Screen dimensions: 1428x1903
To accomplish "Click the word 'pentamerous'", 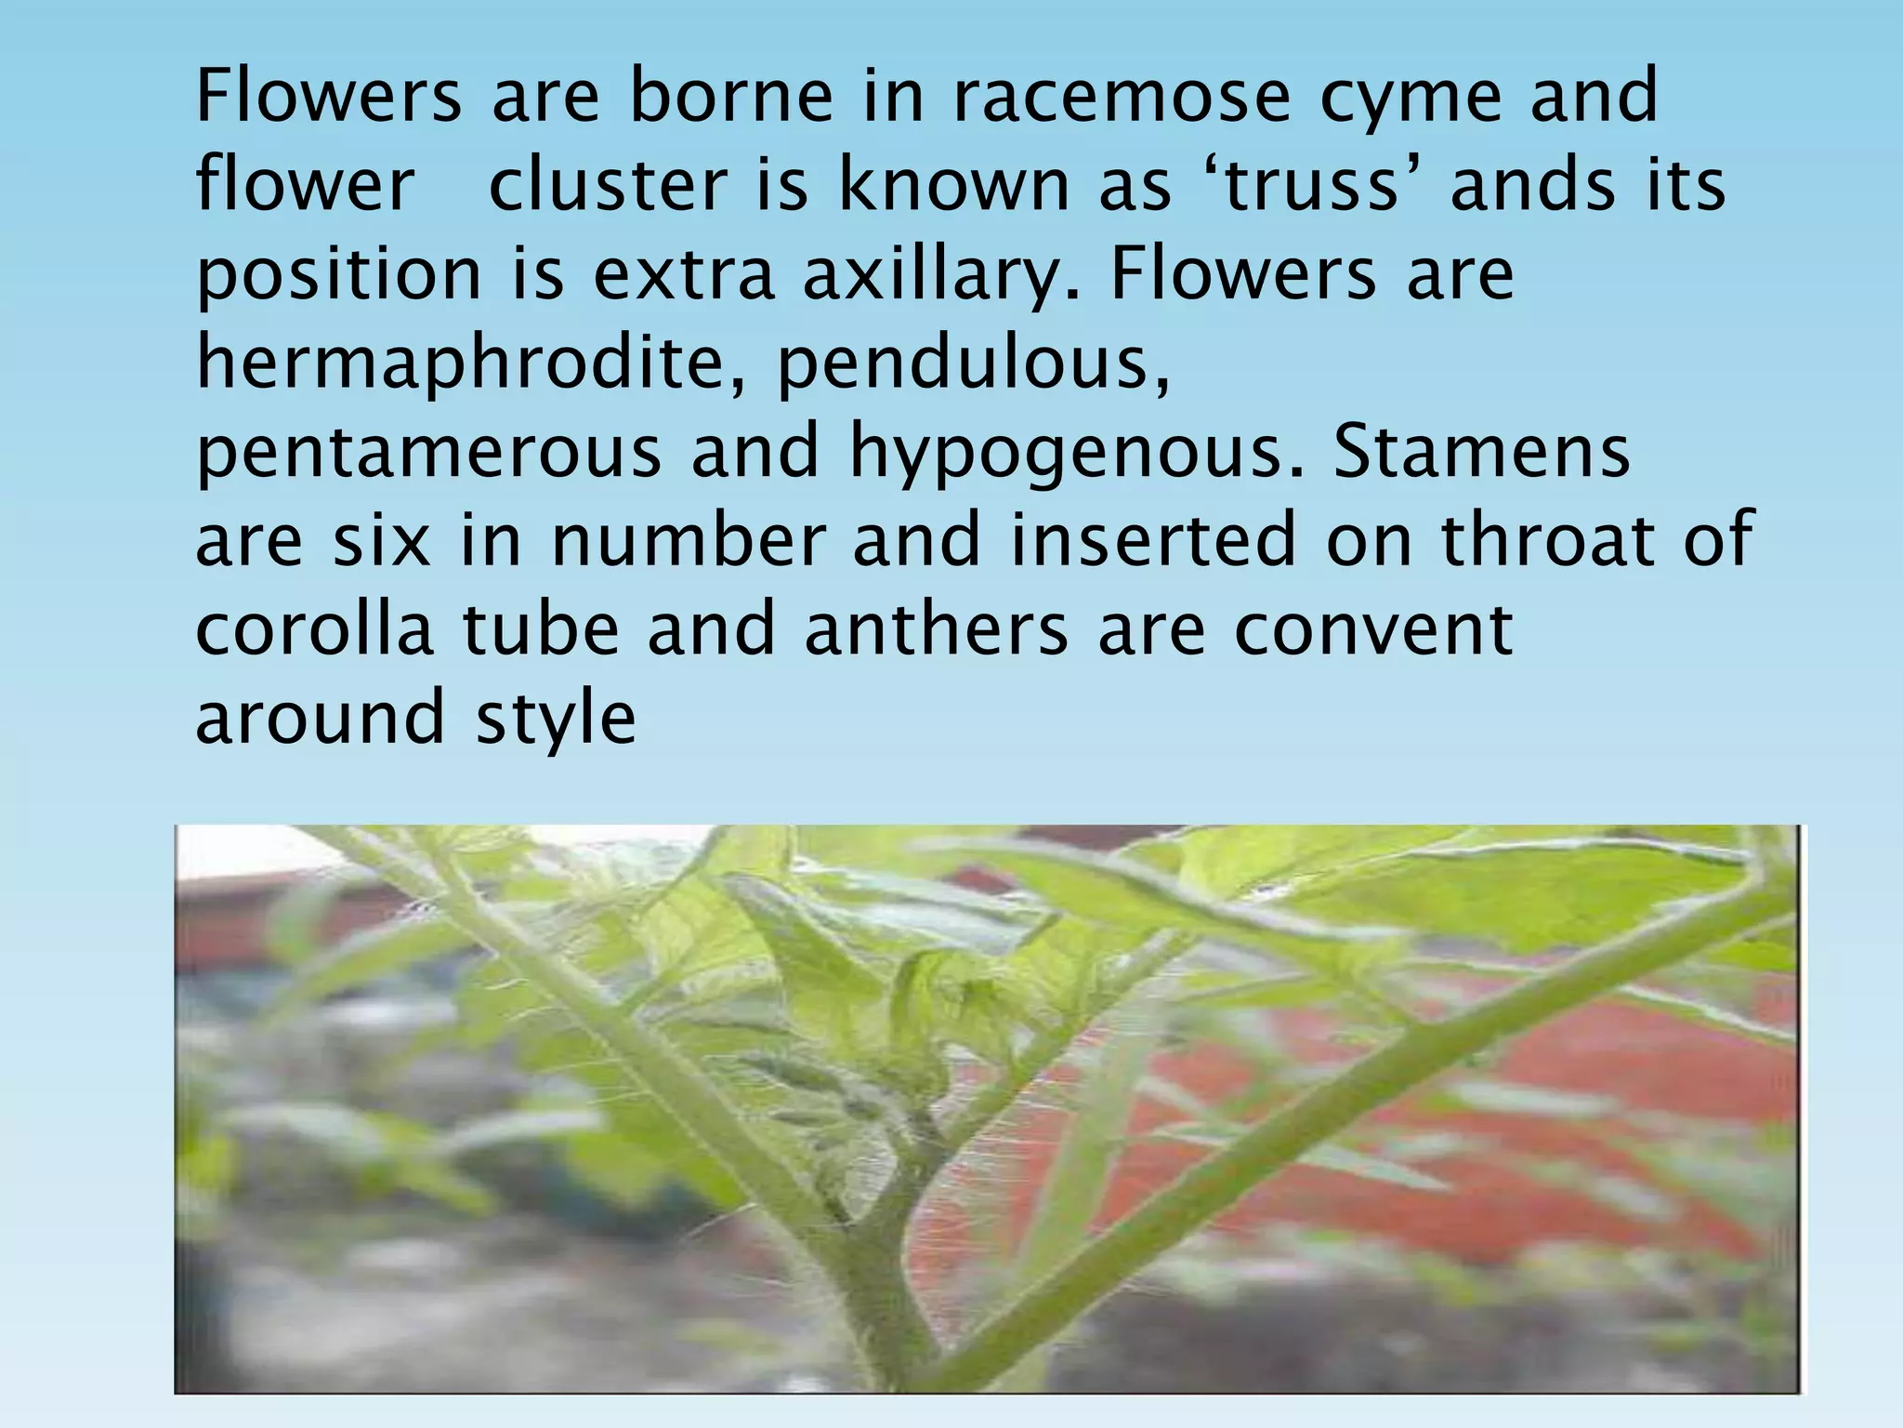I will click(x=428, y=453).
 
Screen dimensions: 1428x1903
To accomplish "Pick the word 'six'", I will click(x=382, y=541).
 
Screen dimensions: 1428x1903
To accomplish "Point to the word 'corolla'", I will click(x=314, y=629).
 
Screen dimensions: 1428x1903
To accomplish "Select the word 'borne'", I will click(x=731, y=96).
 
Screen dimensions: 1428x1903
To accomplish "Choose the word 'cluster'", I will click(x=608, y=184).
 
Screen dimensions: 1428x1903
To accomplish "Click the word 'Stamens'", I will click(x=1481, y=453).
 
